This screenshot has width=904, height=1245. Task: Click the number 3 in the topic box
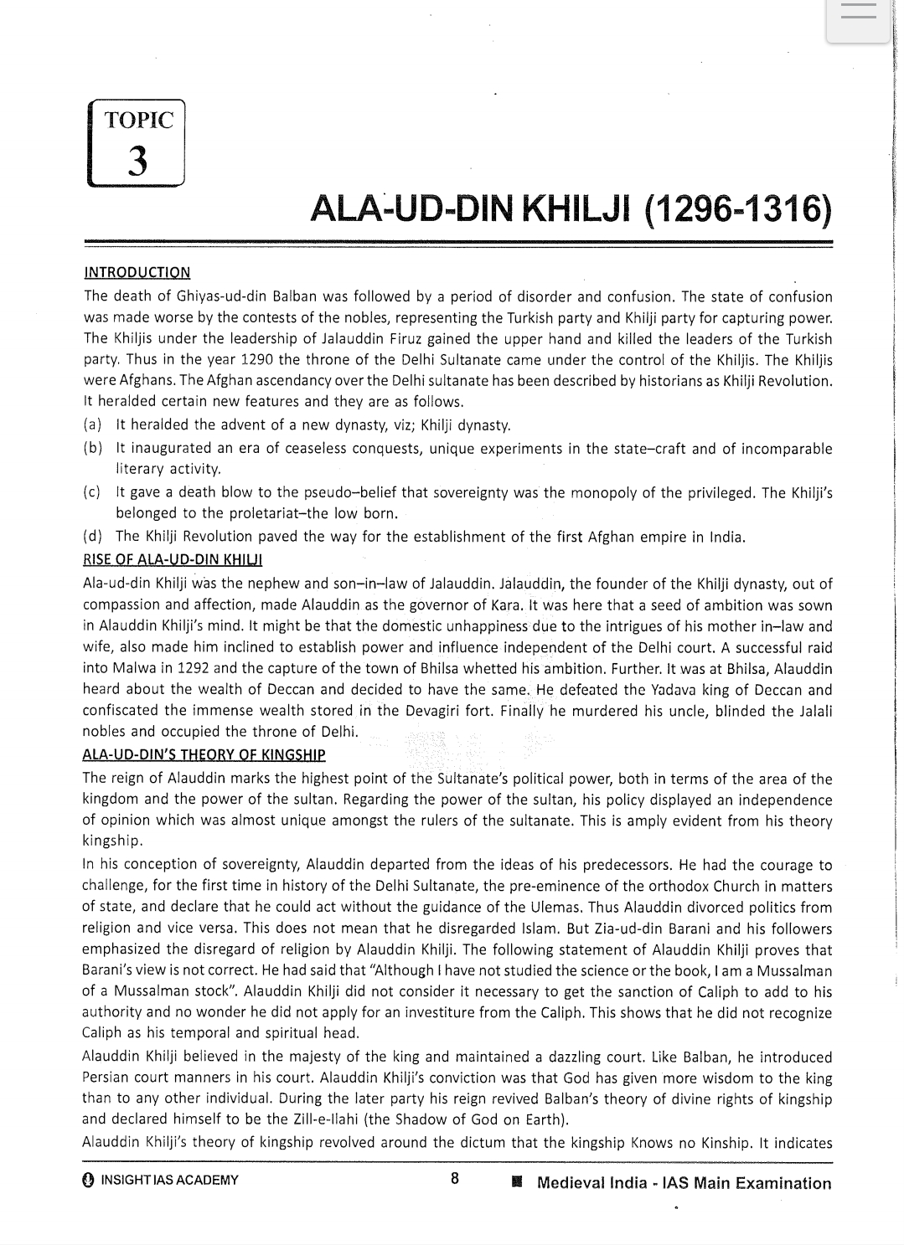pyautogui.click(x=137, y=159)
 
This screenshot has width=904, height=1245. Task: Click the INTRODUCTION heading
pyautogui.click(x=137, y=272)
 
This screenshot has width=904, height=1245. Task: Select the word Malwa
pyautogui.click(x=128, y=668)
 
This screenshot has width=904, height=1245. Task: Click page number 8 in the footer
pyautogui.click(x=454, y=1179)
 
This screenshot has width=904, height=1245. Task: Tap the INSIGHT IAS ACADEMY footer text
pyautogui.click(x=168, y=1181)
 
